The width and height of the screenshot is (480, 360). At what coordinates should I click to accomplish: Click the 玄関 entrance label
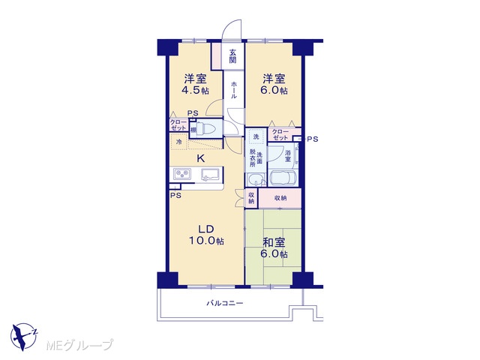(x=233, y=55)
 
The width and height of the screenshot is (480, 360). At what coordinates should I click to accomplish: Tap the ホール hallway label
(x=233, y=90)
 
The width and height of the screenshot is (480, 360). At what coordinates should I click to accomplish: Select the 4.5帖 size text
(x=195, y=91)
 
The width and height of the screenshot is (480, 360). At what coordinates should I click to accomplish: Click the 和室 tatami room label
(x=274, y=242)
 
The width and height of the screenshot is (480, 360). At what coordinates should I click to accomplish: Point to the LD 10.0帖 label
(x=205, y=235)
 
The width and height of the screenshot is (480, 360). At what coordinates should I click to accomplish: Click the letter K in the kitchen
(x=200, y=158)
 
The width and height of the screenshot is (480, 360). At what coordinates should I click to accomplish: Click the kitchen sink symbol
(x=211, y=175)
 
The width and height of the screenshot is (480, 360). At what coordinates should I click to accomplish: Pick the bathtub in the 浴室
(x=283, y=178)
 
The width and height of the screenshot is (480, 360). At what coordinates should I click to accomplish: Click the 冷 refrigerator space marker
(x=180, y=142)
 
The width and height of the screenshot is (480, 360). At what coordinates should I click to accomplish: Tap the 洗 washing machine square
(x=256, y=136)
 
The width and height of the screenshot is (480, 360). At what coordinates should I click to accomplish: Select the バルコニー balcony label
(x=225, y=303)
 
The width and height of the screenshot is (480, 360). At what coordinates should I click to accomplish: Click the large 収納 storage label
(x=280, y=198)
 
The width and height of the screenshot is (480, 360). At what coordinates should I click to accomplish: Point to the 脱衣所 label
(x=253, y=157)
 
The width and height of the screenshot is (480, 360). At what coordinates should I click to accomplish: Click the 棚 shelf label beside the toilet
(x=193, y=130)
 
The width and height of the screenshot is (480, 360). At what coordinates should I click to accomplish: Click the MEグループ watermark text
(x=80, y=345)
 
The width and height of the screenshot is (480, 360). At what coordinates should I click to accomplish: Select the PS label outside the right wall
(x=313, y=139)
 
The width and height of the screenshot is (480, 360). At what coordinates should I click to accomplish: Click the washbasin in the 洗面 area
(x=256, y=180)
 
